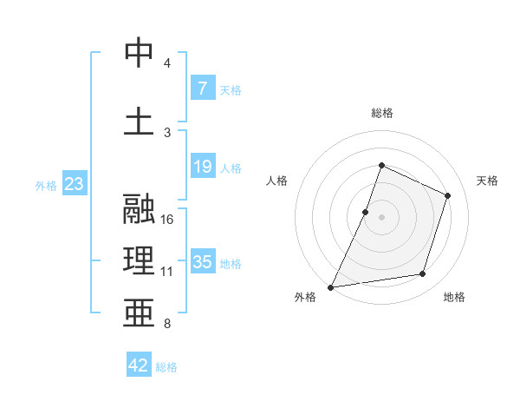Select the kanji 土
[x=140, y=122]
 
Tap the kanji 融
[x=140, y=209]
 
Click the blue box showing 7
[x=202, y=88]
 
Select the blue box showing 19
[x=202, y=167]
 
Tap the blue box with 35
[x=202, y=261]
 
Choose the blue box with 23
[x=73, y=184]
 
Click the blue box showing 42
[x=139, y=365]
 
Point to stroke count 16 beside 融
[x=167, y=220]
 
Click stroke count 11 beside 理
[x=167, y=272]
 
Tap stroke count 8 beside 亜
[x=167, y=324]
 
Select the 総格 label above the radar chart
[x=381, y=113]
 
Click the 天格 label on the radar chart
[x=487, y=181]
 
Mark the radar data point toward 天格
[x=448, y=195]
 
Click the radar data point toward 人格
[x=366, y=212]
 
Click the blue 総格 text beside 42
[x=166, y=367]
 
